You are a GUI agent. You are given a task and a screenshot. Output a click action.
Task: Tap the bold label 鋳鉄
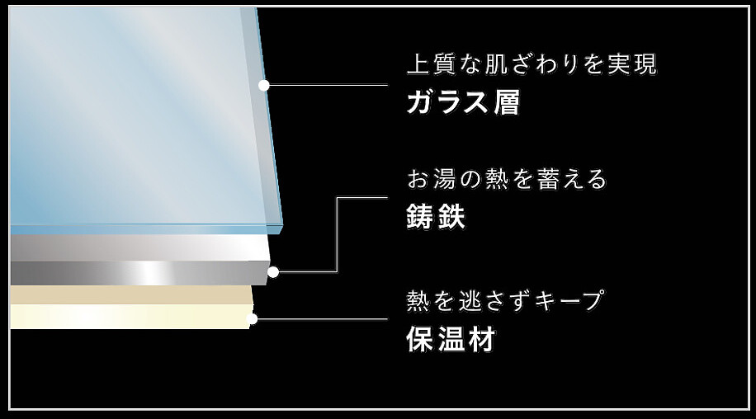click(437, 217)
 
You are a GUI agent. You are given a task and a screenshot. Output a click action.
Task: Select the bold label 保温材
click(451, 340)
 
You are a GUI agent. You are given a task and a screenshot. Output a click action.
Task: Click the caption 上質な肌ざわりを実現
click(532, 65)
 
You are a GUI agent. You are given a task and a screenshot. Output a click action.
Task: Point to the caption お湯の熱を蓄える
click(508, 179)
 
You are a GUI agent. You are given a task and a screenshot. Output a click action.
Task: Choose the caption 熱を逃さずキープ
click(505, 301)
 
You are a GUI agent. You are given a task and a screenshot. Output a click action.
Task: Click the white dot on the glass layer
click(264, 85)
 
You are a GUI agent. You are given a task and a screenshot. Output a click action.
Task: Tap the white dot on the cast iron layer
click(273, 271)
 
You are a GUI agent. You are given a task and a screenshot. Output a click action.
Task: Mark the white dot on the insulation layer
click(253, 318)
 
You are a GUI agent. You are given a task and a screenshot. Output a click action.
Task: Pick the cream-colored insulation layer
click(128, 307)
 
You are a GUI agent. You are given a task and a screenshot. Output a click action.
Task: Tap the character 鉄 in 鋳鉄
click(451, 217)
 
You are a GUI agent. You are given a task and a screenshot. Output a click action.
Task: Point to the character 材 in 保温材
click(481, 340)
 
